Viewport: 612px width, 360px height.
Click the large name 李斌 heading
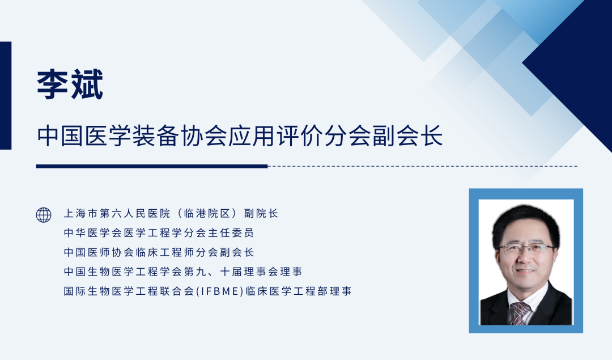coord(70,84)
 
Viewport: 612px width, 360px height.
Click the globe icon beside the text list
coord(44,215)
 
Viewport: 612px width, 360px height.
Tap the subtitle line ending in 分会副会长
coord(240,136)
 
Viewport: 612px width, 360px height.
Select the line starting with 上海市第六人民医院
coord(171,213)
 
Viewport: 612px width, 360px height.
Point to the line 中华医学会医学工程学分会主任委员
coord(159,232)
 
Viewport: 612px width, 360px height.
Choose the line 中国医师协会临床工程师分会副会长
coord(159,252)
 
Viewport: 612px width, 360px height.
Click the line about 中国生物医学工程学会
coord(183,272)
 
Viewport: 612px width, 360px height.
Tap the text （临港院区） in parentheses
coord(207,213)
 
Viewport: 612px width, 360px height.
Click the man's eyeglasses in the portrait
coord(526,248)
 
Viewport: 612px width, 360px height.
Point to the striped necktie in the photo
coord(518,313)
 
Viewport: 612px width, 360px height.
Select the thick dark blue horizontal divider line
coord(152,166)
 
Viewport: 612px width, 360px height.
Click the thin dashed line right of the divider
coord(423,166)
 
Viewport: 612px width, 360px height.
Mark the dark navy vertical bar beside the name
coord(6,96)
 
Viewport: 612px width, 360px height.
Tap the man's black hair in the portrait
coord(525,221)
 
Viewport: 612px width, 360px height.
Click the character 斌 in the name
coord(87,84)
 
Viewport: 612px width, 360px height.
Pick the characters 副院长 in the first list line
coord(261,213)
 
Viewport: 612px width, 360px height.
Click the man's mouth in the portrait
coord(525,271)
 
